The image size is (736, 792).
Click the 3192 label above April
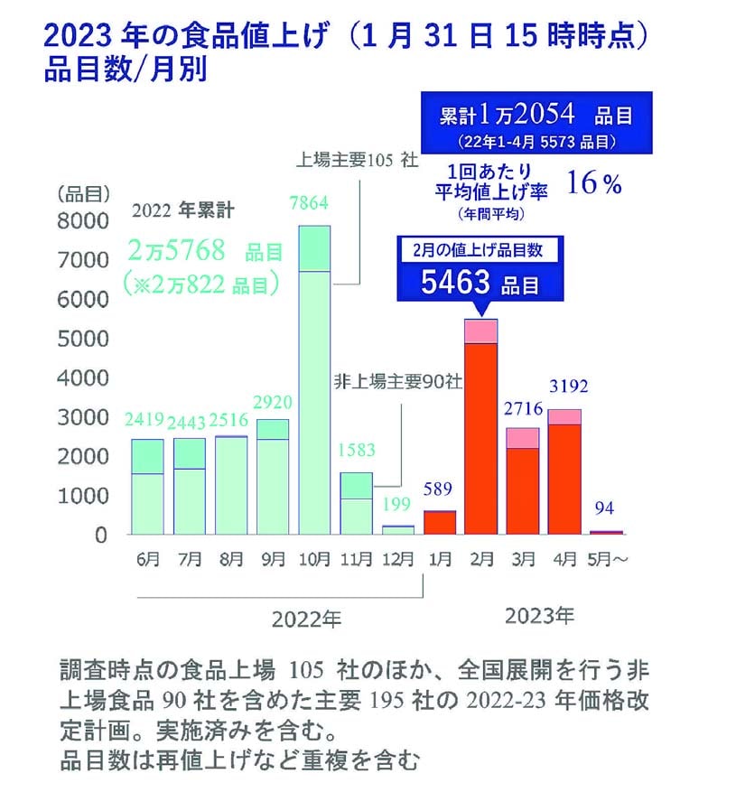(x=567, y=387)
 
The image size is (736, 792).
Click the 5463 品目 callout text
(x=480, y=283)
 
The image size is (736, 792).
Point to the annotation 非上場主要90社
(x=400, y=381)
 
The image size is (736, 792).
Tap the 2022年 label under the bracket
(x=307, y=620)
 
